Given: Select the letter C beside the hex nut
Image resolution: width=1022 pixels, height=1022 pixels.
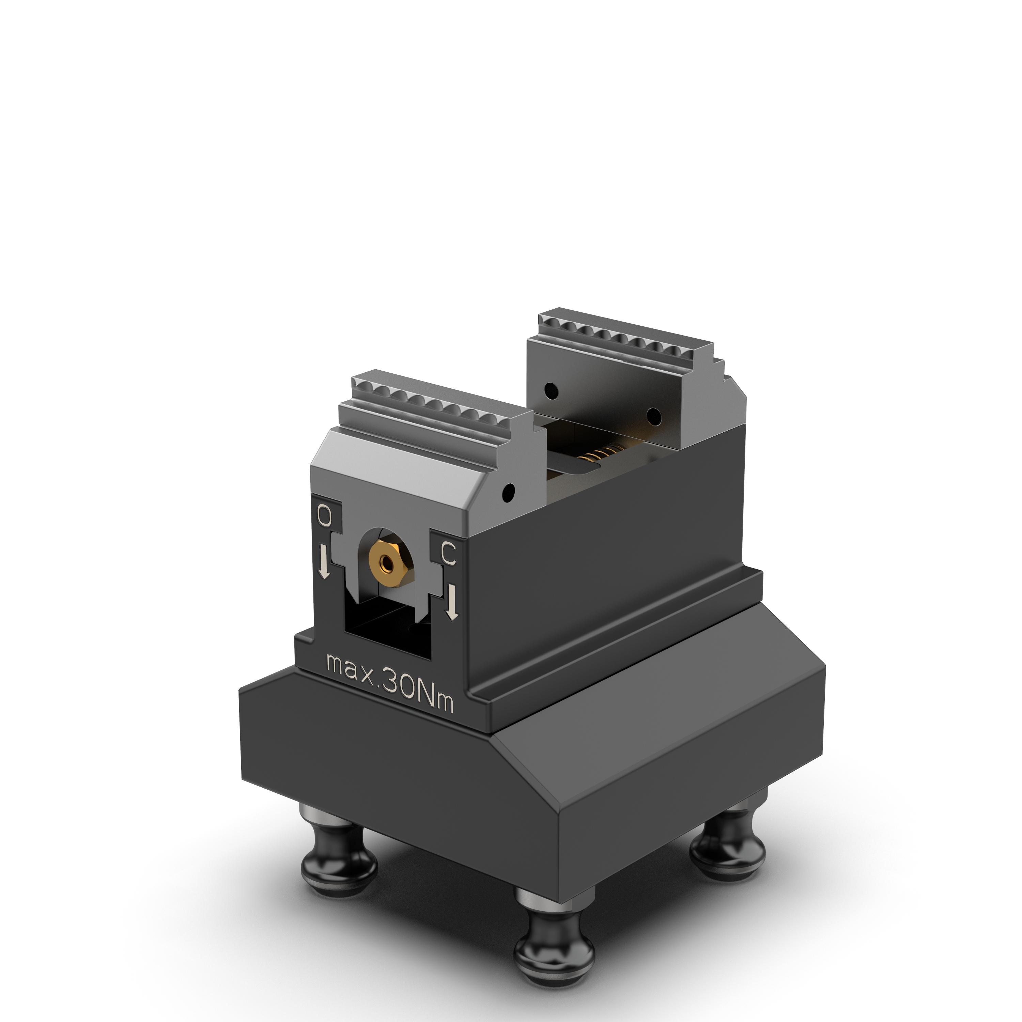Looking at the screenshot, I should click(x=448, y=554).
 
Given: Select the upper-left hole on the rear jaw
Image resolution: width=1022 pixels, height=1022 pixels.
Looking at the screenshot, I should click(x=552, y=391).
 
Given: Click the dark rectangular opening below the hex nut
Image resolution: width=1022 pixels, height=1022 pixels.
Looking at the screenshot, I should click(x=387, y=630).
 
